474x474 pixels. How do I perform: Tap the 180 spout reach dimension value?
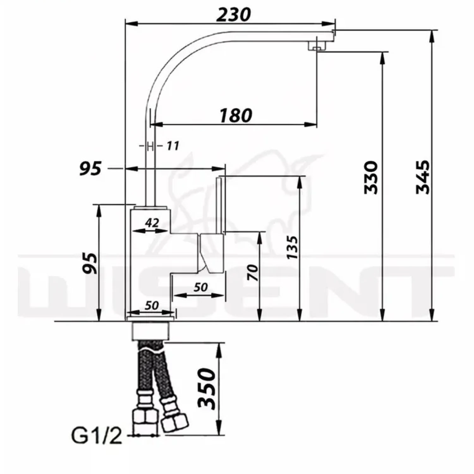click(x=236, y=115)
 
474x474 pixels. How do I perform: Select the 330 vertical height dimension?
click(x=371, y=177)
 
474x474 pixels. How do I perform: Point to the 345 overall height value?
click(x=423, y=177)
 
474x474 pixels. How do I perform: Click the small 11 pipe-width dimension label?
click(x=173, y=146)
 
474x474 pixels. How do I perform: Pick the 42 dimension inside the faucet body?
click(x=152, y=223)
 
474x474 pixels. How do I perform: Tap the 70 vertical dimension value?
click(x=253, y=273)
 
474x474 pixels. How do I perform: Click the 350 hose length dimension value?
click(x=207, y=389)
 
